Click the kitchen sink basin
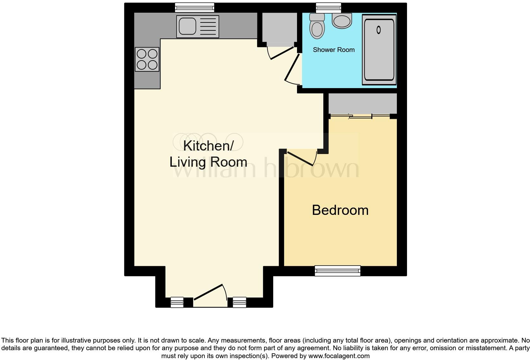click(x=187, y=26)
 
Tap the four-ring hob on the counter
click(x=147, y=59)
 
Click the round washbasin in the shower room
click(x=342, y=20)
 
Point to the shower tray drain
click(x=378, y=30)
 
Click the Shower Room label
click(x=333, y=50)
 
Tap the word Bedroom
click(x=340, y=210)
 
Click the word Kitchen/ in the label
click(x=208, y=146)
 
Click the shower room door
click(x=292, y=68)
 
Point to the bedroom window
click(x=338, y=271)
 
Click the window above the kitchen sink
click(x=195, y=7)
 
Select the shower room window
click(x=328, y=7)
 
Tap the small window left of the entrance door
click(x=177, y=302)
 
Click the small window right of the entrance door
click(x=239, y=302)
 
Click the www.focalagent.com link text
click(x=339, y=356)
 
